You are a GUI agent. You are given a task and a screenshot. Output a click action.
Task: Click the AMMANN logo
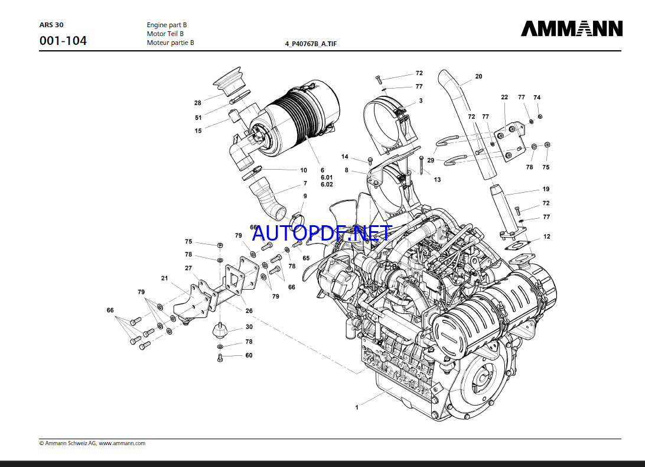coord(571,28)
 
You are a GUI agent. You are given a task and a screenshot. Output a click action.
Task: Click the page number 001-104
coord(63,41)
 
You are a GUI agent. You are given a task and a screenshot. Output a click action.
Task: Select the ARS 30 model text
coord(51,25)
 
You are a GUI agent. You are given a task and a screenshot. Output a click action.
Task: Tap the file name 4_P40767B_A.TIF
coord(311,44)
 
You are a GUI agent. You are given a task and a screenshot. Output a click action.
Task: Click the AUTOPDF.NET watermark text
coord(321,233)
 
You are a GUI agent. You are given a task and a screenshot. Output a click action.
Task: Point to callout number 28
coord(198,103)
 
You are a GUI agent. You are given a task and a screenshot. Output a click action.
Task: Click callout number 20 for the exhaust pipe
coord(478,76)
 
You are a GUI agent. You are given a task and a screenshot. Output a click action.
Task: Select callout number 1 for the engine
coord(357,407)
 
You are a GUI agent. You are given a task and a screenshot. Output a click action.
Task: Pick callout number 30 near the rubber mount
coord(249,327)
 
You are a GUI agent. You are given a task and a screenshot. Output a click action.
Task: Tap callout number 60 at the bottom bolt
coord(249,355)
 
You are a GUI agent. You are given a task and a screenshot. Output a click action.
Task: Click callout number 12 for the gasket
coord(546,236)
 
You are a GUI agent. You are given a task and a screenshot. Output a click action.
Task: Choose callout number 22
coord(504,98)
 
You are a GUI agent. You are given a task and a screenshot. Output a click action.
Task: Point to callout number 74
coord(537,98)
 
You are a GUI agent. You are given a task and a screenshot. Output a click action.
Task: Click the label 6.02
coord(327,184)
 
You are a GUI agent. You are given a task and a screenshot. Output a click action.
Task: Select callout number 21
coord(164,278)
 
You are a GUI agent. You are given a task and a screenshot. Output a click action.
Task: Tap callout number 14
coord(345,157)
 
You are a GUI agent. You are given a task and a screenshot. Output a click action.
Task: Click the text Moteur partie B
coord(170,43)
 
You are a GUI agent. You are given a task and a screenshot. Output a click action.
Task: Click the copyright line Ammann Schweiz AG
coord(92,443)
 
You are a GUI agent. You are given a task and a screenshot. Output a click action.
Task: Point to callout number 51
coord(198,117)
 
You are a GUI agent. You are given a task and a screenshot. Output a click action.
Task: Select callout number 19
coord(546,189)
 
